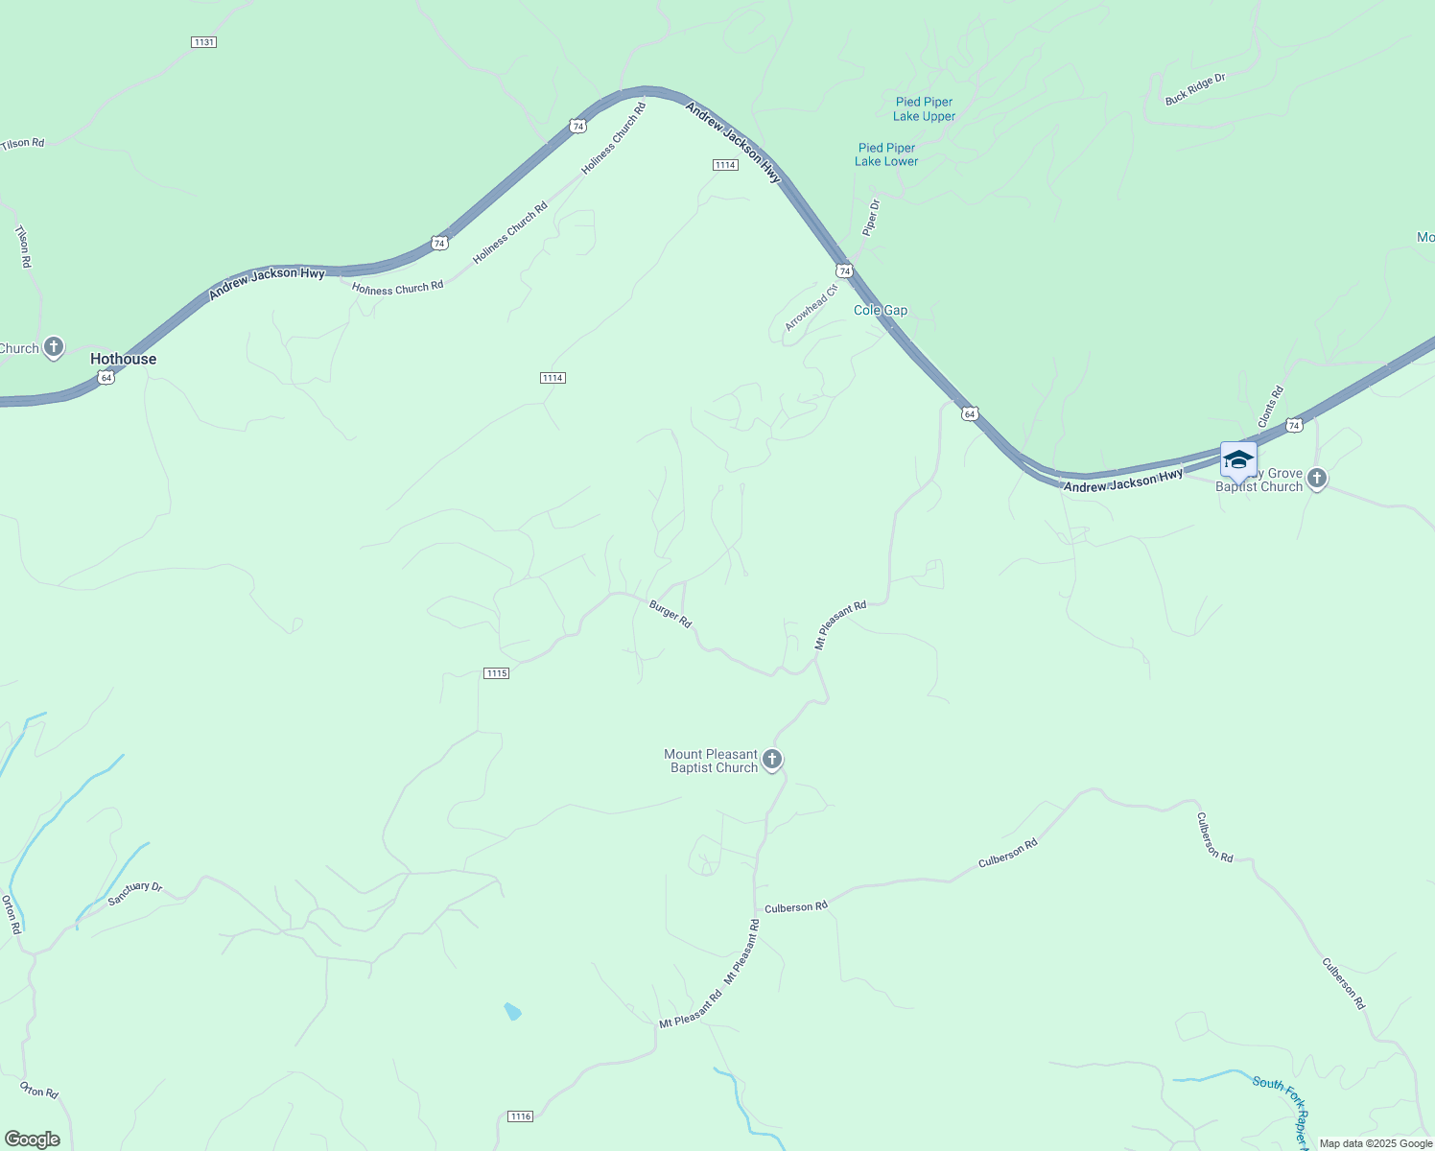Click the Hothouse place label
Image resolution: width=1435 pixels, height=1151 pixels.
(x=123, y=359)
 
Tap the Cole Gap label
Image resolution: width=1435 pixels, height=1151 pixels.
(x=881, y=311)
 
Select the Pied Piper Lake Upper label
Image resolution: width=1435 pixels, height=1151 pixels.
(x=924, y=109)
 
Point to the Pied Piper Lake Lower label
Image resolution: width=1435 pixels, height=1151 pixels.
(x=886, y=154)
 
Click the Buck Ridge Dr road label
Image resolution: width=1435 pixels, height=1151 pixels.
(x=1195, y=89)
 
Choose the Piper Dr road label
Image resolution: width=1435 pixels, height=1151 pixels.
(x=871, y=218)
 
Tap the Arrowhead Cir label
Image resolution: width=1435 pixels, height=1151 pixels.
(x=812, y=307)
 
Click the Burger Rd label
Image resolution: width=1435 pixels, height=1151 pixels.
(x=670, y=614)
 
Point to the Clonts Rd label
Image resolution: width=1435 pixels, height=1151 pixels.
(x=1271, y=407)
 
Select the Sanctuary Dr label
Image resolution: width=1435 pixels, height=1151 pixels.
(x=135, y=893)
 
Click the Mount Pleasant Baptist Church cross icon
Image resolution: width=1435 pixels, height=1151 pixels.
(x=772, y=760)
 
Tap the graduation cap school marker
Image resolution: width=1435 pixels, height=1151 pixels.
(x=1238, y=459)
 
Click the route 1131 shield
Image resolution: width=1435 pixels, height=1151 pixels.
(x=203, y=42)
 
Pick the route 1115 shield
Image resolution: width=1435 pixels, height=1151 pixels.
(x=496, y=673)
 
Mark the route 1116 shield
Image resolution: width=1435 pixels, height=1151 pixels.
(x=520, y=1116)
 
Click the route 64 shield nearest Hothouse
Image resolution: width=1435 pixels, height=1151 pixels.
(x=106, y=378)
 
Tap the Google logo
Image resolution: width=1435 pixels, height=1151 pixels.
(x=33, y=1139)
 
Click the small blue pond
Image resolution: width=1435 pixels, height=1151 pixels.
(x=512, y=1011)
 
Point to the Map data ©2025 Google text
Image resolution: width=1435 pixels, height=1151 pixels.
(x=1376, y=1143)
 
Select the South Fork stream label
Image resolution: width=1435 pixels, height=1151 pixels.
(x=1280, y=1090)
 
